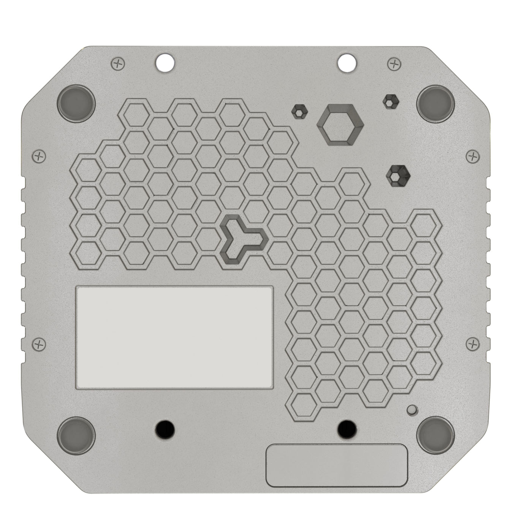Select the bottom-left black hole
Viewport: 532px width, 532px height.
pyautogui.click(x=165, y=428)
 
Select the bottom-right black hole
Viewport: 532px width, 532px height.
pyautogui.click(x=347, y=428)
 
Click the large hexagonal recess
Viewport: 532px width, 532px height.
pyautogui.click(x=340, y=124)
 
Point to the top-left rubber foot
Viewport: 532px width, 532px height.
pyautogui.click(x=76, y=102)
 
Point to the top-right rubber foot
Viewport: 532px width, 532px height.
pyautogui.click(x=436, y=102)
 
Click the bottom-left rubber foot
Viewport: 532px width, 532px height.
pyautogui.click(x=76, y=434)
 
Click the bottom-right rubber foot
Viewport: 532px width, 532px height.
pyautogui.click(x=436, y=434)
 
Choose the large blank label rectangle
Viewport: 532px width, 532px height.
pyautogui.click(x=175, y=337)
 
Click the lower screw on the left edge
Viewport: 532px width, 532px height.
pyautogui.click(x=38, y=344)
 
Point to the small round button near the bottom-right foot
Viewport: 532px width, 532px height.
pyautogui.click(x=412, y=410)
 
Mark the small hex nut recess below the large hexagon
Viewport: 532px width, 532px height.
pyautogui.click(x=399, y=176)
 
